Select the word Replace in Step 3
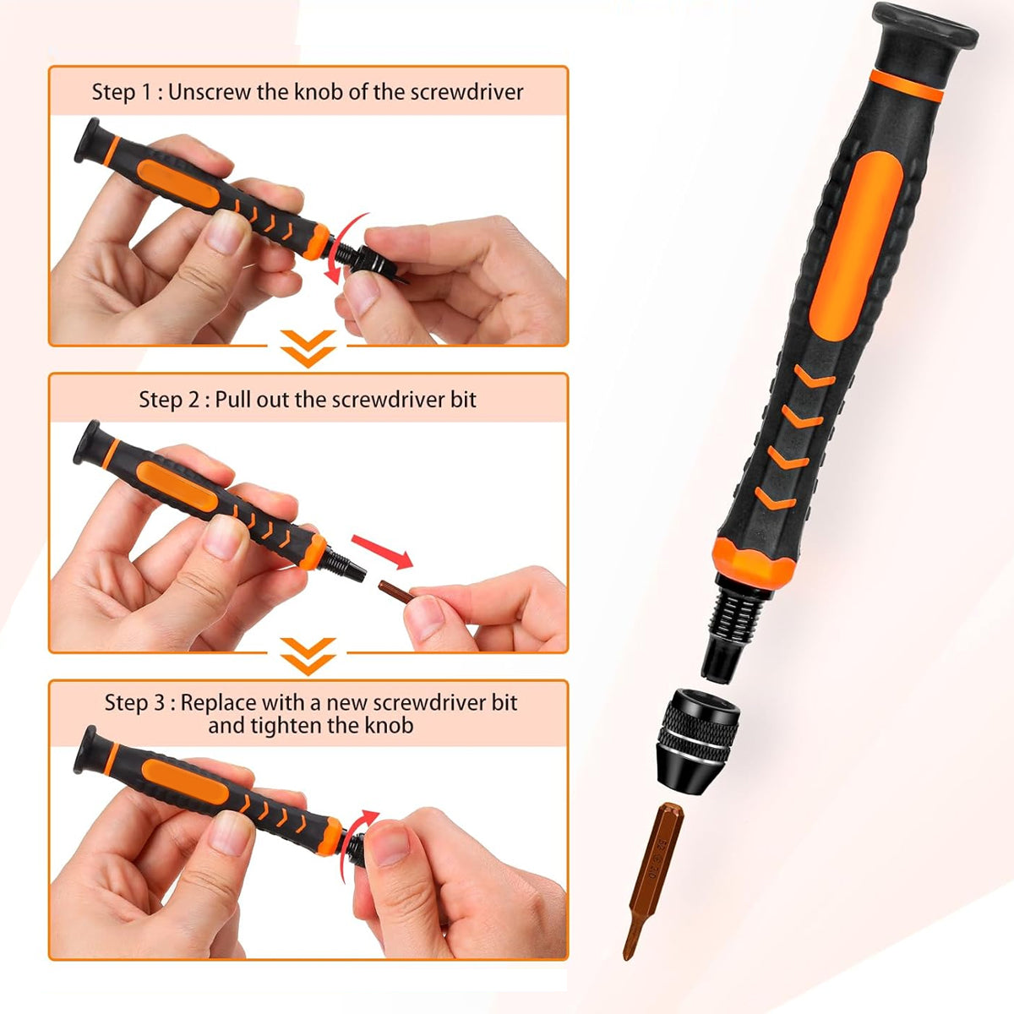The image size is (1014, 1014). (217, 702)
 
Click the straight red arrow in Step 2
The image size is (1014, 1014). (381, 550)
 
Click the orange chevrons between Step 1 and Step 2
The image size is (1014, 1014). (308, 347)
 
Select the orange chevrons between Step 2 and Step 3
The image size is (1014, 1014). (308, 655)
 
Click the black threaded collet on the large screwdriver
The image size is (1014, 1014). (731, 621)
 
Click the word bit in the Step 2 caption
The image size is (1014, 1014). (464, 400)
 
